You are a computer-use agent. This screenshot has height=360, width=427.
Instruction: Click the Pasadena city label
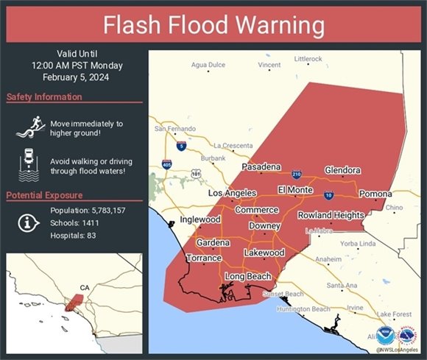261,167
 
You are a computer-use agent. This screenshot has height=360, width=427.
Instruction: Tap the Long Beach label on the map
247,277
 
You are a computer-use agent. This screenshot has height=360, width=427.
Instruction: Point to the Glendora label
342,169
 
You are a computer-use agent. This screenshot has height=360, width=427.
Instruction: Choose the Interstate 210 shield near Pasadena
296,174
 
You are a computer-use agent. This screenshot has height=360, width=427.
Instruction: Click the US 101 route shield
195,174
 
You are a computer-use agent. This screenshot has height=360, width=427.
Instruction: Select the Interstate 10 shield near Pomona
328,194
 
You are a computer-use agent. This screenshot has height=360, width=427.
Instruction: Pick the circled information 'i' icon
28,222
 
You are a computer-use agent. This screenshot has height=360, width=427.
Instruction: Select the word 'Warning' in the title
280,25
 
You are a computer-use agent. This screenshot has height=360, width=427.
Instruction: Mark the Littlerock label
308,58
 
